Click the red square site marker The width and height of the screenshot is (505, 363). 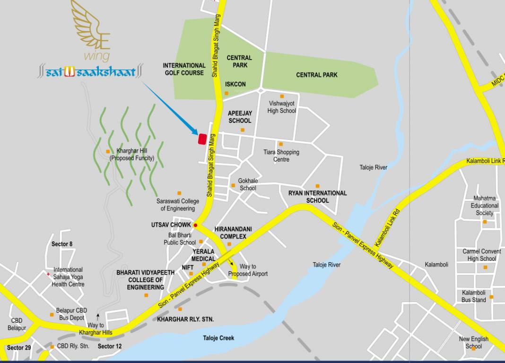tap(202, 139)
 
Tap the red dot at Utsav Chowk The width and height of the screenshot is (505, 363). tap(195, 225)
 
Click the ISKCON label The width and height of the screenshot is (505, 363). tap(235, 84)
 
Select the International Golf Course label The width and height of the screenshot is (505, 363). tap(184, 69)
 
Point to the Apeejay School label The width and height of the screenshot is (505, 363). tap(240, 117)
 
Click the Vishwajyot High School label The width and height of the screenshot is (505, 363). tap(282, 107)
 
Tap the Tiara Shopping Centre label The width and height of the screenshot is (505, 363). tap(281, 156)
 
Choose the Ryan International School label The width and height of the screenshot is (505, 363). tap(317, 197)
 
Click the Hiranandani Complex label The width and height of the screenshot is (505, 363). tap(233, 233)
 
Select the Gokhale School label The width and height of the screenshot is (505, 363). tap(248, 184)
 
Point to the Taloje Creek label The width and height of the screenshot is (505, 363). tap(218, 338)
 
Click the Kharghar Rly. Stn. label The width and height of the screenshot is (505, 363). tap(185, 320)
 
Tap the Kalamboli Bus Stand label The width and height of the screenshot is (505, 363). tap(474, 296)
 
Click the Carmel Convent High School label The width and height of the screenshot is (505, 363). tap(482, 255)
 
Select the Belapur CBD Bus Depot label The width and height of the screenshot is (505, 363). tap(71, 314)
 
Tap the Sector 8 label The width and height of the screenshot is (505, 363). tap(62, 244)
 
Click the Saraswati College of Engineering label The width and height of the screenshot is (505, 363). tap(178, 205)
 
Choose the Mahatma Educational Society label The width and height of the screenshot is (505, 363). tap(485, 206)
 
